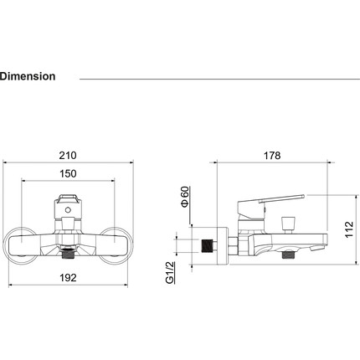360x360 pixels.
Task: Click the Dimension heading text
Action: coord(28,76)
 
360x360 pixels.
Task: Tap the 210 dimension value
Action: coord(68,156)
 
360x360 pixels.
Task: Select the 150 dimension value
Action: coord(68,173)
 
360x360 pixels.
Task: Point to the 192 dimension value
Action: coord(68,278)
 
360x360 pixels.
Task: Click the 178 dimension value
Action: coord(272,156)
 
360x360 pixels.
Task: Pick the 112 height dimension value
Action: coord(349,229)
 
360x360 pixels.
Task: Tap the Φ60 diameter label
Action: coord(185,197)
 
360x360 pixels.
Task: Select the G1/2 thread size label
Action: coord(170,273)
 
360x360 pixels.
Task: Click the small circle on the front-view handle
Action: coord(68,210)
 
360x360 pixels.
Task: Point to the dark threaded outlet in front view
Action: coord(67,253)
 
